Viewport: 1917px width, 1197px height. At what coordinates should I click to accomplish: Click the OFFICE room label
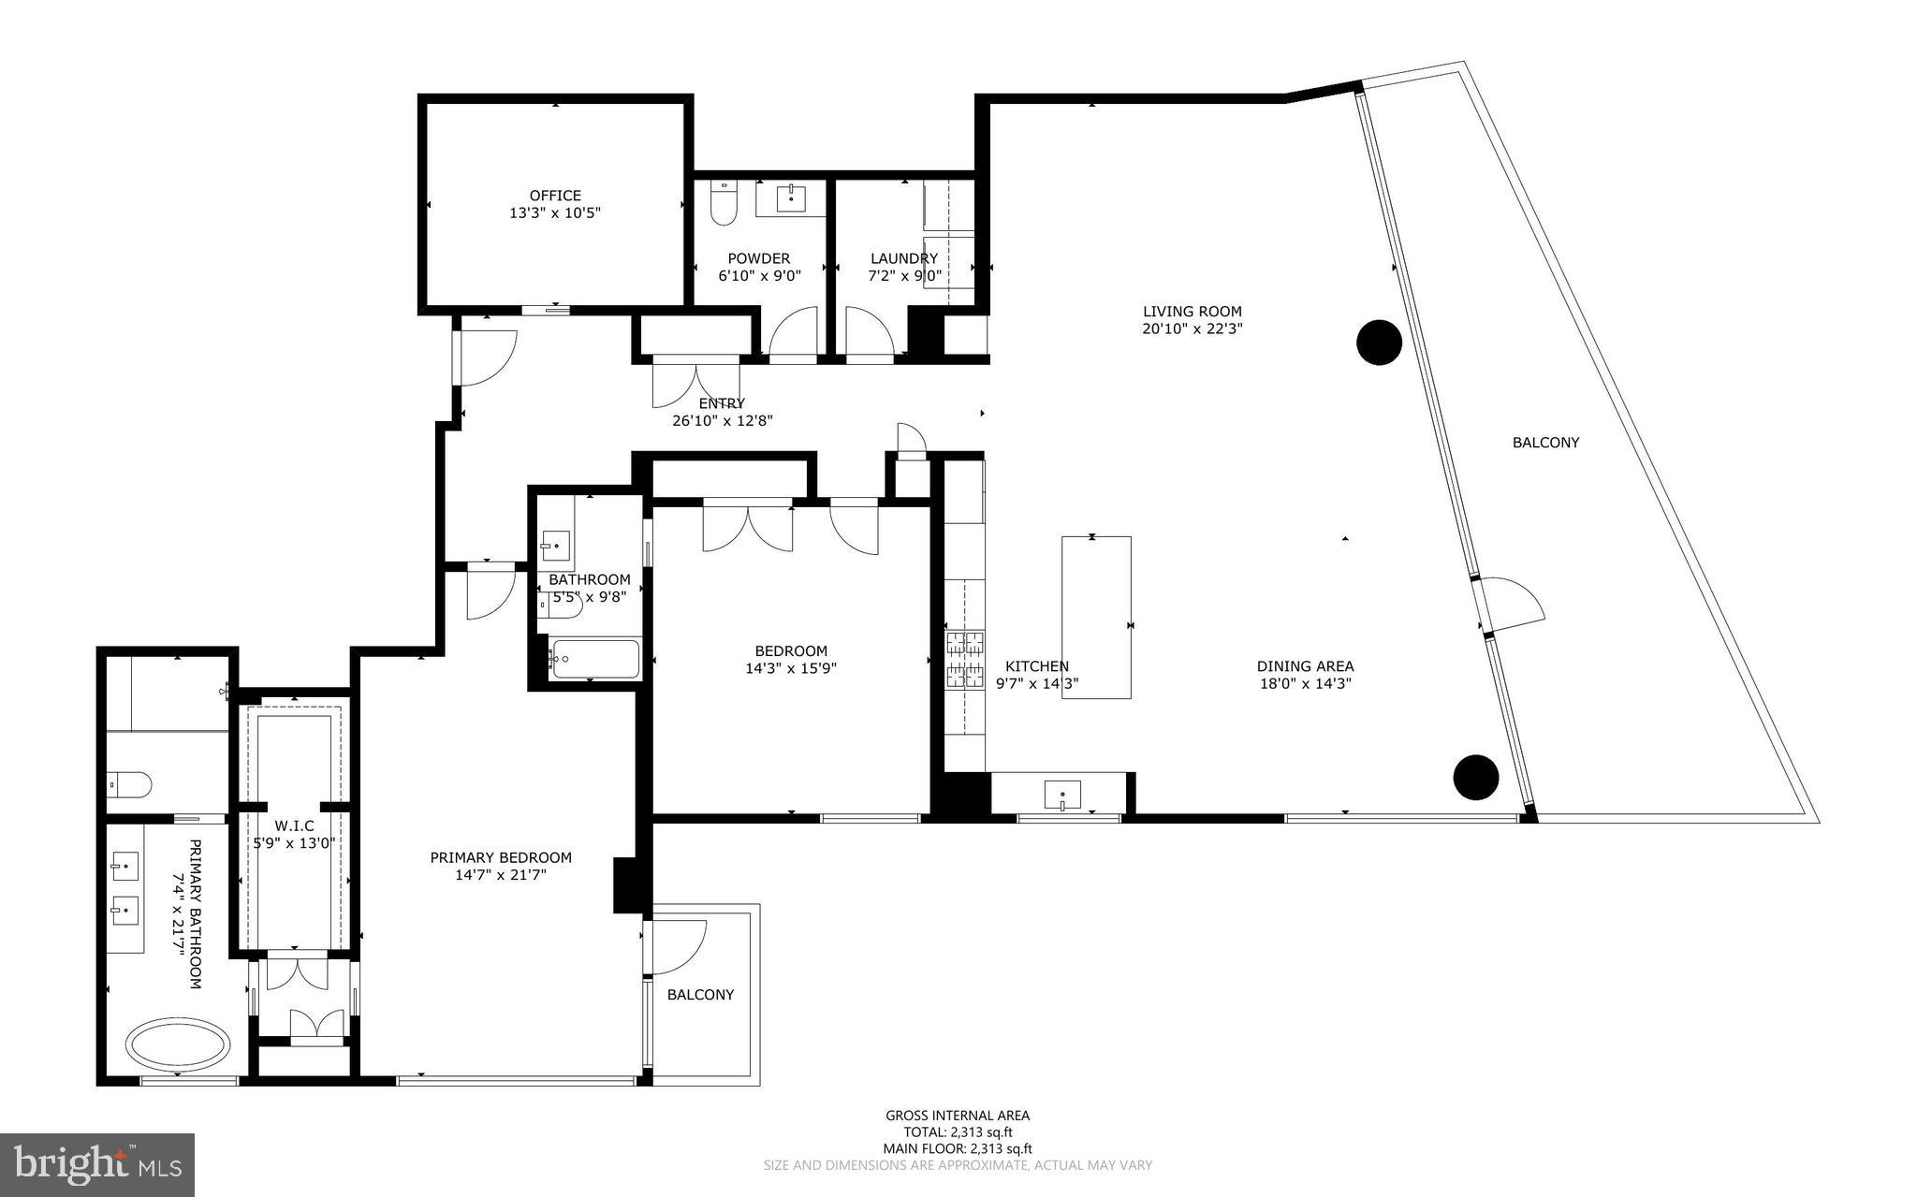[x=555, y=196]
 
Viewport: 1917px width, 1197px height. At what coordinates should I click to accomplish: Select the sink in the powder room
[x=792, y=198]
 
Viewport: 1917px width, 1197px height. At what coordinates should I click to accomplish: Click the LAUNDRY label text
[x=903, y=258]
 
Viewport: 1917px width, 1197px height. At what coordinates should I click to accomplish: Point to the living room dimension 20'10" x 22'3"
[x=1192, y=328]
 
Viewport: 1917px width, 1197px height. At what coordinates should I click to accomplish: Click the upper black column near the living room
[x=1379, y=342]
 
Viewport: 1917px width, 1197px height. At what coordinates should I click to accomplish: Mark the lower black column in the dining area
[x=1475, y=777]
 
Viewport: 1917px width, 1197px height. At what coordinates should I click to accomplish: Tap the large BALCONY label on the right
[x=1545, y=443]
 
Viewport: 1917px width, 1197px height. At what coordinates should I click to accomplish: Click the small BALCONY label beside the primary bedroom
[x=700, y=995]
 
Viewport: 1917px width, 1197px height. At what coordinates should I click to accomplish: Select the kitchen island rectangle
[x=1096, y=617]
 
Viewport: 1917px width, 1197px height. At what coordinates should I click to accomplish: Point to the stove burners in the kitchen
[x=964, y=659]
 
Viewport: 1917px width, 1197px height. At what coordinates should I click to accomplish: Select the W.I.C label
[x=294, y=826]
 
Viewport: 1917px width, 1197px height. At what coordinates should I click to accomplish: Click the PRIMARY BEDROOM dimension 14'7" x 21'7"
[x=501, y=875]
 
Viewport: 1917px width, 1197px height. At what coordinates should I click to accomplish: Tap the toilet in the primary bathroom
[x=129, y=784]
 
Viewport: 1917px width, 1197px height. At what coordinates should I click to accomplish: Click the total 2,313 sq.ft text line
[x=958, y=1131]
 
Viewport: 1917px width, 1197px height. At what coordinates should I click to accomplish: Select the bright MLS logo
[x=97, y=1164]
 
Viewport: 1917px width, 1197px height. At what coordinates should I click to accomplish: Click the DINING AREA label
[x=1305, y=666]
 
